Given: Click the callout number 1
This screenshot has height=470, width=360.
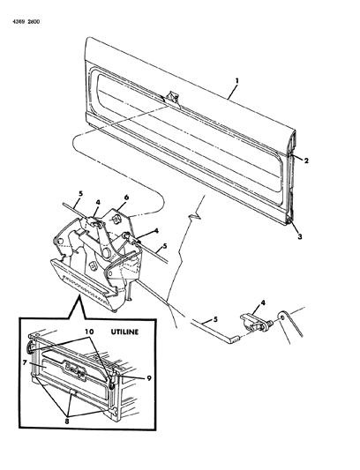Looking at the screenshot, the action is click(x=237, y=81).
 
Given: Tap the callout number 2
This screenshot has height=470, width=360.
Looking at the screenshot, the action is click(x=306, y=161).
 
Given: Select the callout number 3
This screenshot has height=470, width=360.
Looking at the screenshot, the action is click(x=300, y=237).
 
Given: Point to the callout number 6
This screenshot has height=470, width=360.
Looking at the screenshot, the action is click(x=126, y=198).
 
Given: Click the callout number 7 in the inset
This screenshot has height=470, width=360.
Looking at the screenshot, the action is click(x=25, y=363).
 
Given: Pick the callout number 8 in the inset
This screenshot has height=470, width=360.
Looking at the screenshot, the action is click(x=67, y=422).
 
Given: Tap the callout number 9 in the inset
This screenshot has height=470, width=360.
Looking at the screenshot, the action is click(x=148, y=378).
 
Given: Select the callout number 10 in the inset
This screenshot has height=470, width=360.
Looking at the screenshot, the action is click(x=89, y=332).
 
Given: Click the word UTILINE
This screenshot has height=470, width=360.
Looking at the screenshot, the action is click(x=124, y=332).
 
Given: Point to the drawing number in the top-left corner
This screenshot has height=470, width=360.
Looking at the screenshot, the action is click(x=26, y=21).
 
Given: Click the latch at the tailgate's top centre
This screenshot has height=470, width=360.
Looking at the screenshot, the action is click(x=172, y=98).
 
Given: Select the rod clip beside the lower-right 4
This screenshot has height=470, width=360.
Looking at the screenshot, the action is click(x=253, y=322).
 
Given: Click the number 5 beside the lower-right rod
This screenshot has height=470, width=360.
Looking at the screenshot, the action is click(x=215, y=319).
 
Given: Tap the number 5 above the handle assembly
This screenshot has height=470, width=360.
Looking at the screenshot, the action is click(x=80, y=194).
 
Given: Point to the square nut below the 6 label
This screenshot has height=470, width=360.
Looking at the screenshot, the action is click(x=116, y=220).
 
